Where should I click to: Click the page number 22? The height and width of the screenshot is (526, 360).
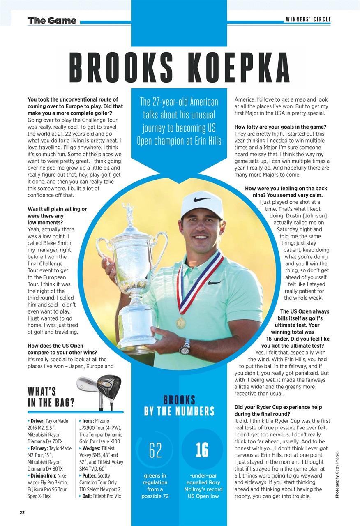point(21,512)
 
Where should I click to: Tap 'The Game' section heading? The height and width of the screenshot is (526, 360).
point(52,21)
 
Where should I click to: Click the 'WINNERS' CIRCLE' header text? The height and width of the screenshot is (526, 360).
point(308,19)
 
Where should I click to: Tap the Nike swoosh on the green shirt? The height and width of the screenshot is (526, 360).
point(215,282)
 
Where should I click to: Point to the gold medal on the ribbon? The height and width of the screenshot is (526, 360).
point(181,322)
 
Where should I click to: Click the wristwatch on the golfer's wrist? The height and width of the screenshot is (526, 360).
point(185,347)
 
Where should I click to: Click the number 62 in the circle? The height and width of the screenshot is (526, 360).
point(156,450)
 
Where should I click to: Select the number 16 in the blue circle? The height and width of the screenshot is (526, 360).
point(202,450)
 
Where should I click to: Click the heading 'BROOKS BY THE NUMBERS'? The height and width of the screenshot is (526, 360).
point(179,406)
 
